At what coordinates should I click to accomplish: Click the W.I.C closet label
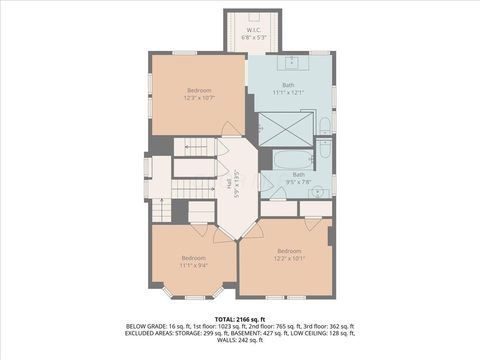coord(255,30)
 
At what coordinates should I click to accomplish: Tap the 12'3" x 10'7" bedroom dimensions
coord(198,98)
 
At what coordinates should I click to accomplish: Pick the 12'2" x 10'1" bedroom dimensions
coord(289,257)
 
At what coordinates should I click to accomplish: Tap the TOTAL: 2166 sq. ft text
coord(239,318)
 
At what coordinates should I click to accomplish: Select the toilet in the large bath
coord(325,125)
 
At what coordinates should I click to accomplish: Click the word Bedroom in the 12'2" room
coord(289,250)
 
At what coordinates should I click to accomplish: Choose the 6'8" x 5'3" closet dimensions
coord(255,38)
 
